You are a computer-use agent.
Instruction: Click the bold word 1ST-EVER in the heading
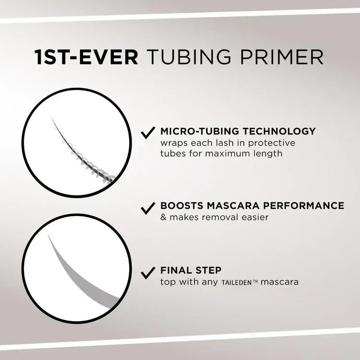[x=86, y=56]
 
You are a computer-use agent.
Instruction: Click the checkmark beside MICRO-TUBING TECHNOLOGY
[x=147, y=132]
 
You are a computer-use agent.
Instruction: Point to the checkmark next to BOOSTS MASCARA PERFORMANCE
[x=147, y=207]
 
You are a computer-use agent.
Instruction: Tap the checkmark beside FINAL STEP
[x=147, y=272]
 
